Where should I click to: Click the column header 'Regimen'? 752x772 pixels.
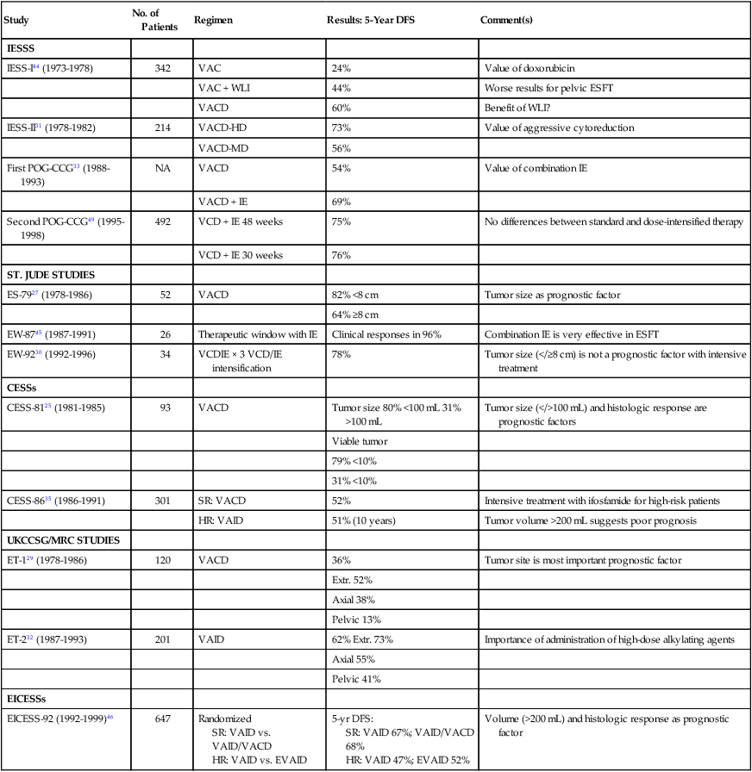tap(212, 19)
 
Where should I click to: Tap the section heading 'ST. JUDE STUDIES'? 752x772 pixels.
tap(51, 275)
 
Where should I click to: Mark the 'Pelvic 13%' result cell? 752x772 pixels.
tap(355, 619)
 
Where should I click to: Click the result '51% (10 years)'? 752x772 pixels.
tap(367, 520)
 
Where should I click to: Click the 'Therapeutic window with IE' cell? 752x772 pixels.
tap(254, 333)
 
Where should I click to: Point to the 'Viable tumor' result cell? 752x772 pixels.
tap(359, 441)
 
